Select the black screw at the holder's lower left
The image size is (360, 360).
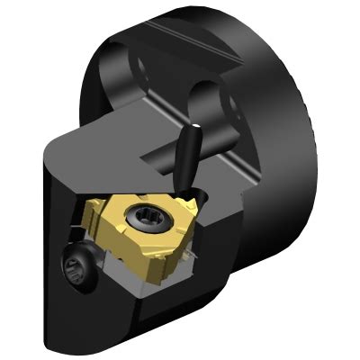tap(78, 266)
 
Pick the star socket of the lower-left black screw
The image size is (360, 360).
tap(78, 266)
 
